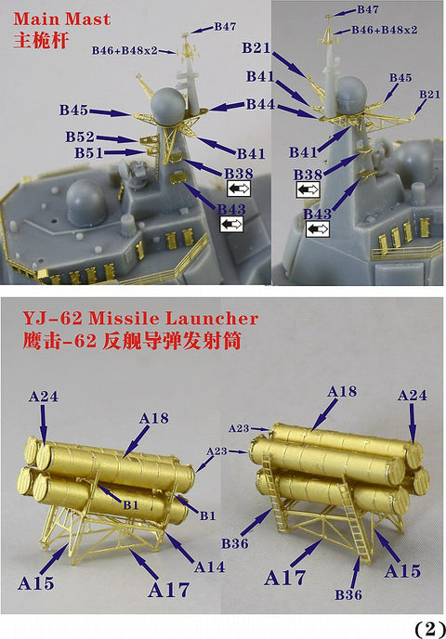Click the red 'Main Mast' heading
61,20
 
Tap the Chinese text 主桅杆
40,41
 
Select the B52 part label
80,137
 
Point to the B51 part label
89,153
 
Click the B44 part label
261,104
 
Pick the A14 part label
209,567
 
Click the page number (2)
429,629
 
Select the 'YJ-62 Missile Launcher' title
140,319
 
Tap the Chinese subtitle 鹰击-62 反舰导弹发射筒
132,341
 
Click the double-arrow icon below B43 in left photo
231,224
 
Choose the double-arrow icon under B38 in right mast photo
308,189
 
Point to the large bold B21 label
256,47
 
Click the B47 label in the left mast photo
225,27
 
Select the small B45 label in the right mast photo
400,77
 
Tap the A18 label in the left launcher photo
153,418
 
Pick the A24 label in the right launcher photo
413,395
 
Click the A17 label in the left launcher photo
169,590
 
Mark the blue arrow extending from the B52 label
116,139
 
